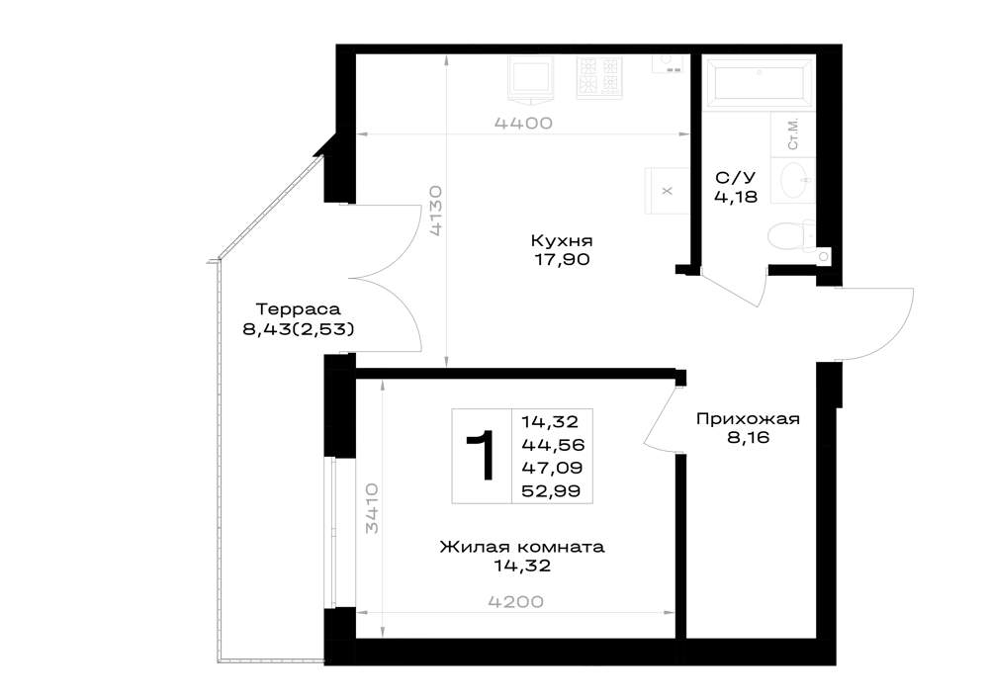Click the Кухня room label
(562, 241)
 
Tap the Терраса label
(299, 309)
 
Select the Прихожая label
(748, 419)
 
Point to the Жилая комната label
(522, 547)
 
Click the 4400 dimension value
(523, 123)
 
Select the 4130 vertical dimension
(436, 211)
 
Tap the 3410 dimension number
(372, 508)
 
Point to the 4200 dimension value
(516, 602)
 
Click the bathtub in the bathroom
(758, 81)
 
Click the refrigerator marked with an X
(668, 191)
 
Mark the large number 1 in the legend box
(482, 456)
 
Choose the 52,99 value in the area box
(551, 491)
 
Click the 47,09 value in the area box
(552, 468)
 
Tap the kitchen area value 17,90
(563, 259)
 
